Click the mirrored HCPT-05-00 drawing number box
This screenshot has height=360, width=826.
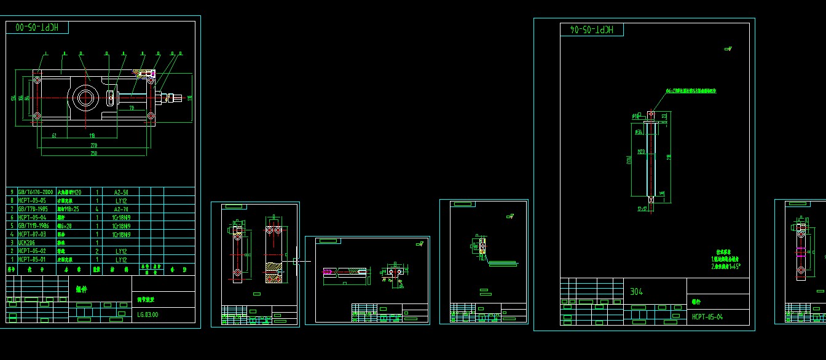click(x=37, y=28)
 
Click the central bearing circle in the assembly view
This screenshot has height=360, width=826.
click(x=84, y=98)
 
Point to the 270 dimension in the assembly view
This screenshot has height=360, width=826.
click(x=94, y=145)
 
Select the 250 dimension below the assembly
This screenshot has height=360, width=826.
click(x=93, y=153)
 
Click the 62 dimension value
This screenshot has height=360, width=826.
click(x=54, y=135)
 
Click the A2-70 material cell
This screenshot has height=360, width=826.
click(x=121, y=209)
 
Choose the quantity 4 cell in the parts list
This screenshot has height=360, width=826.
click(x=97, y=209)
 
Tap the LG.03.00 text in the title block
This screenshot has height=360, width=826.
click(x=147, y=315)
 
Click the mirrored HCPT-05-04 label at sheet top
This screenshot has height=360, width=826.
click(x=591, y=29)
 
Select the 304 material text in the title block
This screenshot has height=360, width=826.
click(x=636, y=292)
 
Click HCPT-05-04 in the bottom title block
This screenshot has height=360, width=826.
click(x=707, y=317)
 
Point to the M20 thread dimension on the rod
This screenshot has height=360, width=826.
click(x=642, y=151)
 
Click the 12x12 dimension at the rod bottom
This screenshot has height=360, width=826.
click(x=643, y=209)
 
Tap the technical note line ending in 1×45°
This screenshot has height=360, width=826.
click(x=726, y=267)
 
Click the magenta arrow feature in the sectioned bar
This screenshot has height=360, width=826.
click(x=328, y=272)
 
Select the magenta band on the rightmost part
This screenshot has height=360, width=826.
click(x=801, y=249)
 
